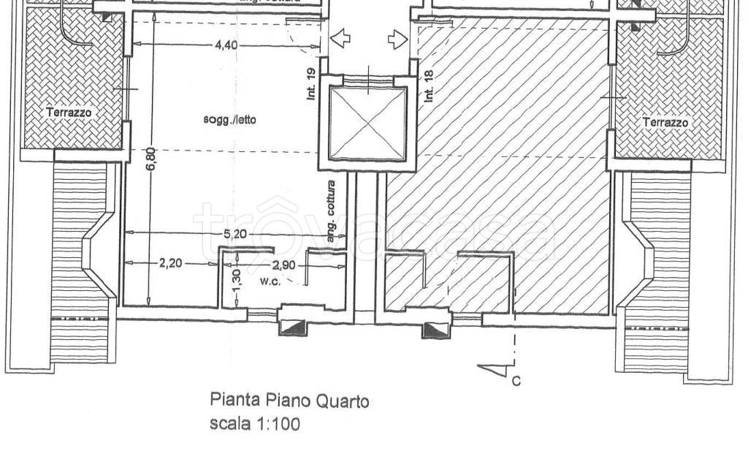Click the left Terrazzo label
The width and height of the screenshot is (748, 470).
click(69, 113)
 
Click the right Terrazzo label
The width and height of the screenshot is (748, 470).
click(665, 123)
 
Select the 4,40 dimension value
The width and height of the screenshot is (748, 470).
click(226, 45)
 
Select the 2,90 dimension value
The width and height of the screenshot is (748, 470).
click(283, 265)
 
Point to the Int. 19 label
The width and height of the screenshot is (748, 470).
click(311, 83)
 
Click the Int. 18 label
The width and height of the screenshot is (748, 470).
click(429, 83)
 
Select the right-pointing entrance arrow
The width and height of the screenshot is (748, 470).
click(397, 39)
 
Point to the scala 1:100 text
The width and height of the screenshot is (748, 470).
click(253, 423)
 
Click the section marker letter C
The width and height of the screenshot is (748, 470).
click(516, 380)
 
